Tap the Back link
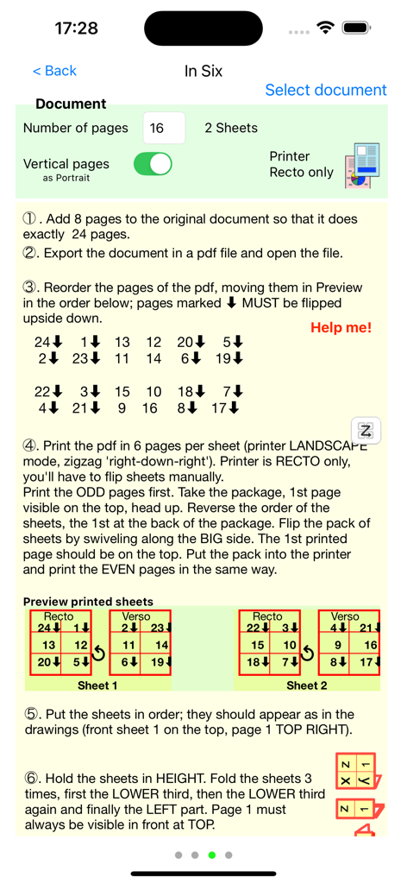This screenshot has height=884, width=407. coord(54,71)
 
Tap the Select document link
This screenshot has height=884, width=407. coord(325,90)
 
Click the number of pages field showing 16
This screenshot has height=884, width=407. coord(163,128)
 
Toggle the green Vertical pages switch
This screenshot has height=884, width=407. coord(153,164)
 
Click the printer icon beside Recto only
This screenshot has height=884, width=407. coord(361,166)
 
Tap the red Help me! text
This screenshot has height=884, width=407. coord(341,328)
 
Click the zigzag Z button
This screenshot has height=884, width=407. coord(366,431)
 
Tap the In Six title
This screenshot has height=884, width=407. coord(203,71)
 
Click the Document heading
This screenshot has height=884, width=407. coord(71,104)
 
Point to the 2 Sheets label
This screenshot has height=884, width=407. coord(231,128)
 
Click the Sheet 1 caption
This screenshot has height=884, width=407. coord(97,685)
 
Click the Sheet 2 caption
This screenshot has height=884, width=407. coord(307,685)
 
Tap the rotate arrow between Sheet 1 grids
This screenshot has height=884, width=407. coord(98,654)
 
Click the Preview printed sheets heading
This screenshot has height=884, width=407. coord(88,602)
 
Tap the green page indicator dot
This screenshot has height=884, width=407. coord(211,856)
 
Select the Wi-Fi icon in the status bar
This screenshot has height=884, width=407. coord(325,28)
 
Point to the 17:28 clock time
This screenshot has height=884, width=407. coord(76,28)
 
